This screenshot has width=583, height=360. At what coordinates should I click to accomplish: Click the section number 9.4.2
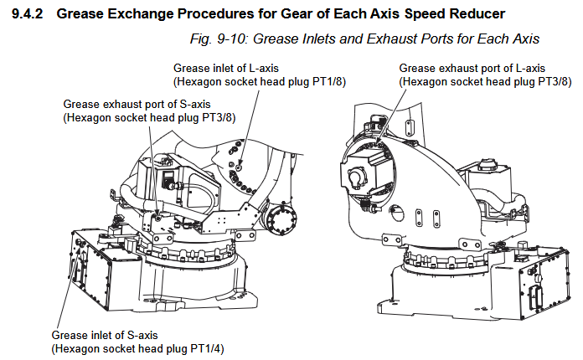click(28, 13)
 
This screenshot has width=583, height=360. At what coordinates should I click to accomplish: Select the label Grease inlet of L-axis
click(225, 69)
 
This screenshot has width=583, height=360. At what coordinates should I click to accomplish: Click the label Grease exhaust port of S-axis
click(137, 105)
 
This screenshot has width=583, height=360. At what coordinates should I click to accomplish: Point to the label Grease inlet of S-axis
click(105, 335)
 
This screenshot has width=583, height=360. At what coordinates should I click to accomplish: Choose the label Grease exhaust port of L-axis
click(472, 69)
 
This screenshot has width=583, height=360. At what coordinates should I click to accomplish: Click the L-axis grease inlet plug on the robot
click(239, 167)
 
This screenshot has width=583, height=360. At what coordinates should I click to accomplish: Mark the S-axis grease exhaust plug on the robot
click(158, 218)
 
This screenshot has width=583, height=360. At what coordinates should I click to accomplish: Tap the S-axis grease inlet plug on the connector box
click(80, 242)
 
